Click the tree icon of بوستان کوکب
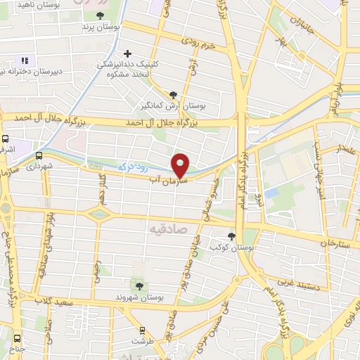[232, 236]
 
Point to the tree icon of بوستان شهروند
[139, 285]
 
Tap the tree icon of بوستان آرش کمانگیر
[174, 94]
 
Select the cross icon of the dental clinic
[127, 53]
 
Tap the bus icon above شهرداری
[37, 156]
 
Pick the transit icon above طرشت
[143, 330]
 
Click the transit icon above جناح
[15, 337]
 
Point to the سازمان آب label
[167, 181]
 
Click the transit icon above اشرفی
[6, 139]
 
